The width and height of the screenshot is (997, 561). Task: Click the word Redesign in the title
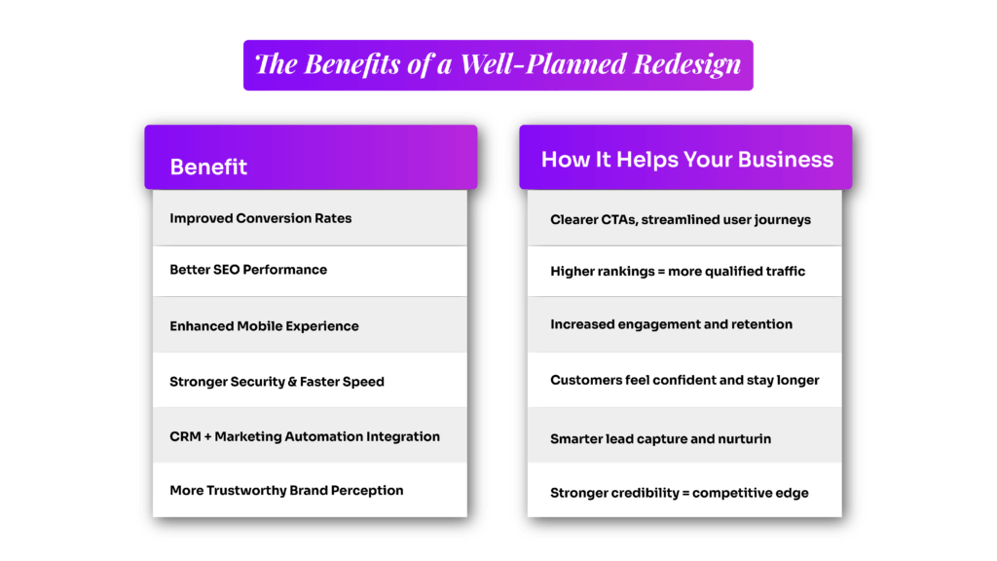pos(687,64)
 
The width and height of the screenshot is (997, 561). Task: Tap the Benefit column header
pos(208,167)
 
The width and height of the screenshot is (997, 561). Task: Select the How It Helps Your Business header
pos(686,160)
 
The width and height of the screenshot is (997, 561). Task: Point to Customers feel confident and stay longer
pos(684,380)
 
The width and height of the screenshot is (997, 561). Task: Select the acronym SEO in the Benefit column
pos(225,270)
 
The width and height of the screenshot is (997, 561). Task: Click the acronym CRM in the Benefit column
pos(186,436)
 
